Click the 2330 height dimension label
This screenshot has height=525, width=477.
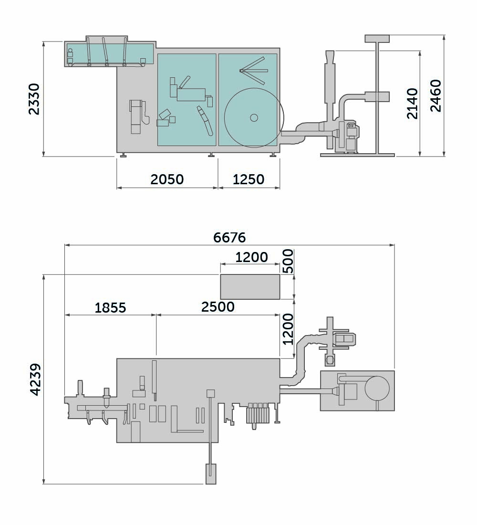tap(34, 99)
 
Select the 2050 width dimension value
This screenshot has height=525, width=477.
tap(167, 179)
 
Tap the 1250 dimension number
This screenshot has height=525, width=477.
tap(249, 179)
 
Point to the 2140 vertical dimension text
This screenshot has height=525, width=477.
tap(412, 104)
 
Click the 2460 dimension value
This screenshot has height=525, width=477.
tap(436, 96)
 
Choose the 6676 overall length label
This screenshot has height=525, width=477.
tap(229, 237)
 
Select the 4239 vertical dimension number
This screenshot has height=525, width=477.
tap(35, 380)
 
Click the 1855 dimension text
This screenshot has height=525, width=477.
tap(111, 307)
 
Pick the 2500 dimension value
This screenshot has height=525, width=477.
tap(218, 307)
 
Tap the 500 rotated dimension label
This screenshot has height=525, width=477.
tap(288, 261)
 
